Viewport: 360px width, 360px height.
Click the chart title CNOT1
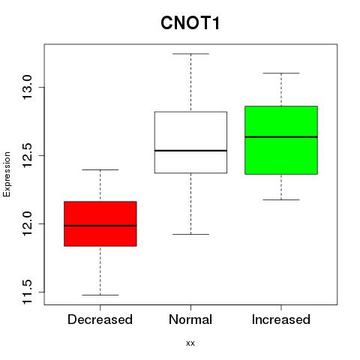(x=190, y=23)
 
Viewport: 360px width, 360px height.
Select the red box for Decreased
(x=100, y=223)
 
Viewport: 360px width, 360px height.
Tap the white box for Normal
(x=190, y=142)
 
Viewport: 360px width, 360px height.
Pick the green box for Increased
(x=281, y=140)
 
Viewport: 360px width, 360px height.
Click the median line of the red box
(x=100, y=226)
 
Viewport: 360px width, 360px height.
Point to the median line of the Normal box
(x=190, y=151)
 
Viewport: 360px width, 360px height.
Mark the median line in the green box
(x=281, y=137)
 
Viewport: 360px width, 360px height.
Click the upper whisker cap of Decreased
(x=100, y=169)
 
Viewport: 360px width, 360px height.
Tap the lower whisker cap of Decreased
(x=100, y=295)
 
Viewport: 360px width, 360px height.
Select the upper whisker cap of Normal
(x=190, y=54)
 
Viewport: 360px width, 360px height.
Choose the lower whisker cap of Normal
(x=190, y=234)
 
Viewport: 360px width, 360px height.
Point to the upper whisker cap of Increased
(x=281, y=73)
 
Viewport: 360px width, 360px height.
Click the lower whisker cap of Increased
(x=281, y=199)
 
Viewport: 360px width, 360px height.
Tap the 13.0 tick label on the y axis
(x=28, y=87)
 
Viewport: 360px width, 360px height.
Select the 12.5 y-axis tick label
(x=28, y=155)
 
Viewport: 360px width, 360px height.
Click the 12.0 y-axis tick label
(x=28, y=223)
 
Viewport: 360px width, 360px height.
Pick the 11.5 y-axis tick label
(x=28, y=292)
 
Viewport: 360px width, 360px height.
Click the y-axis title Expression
(x=7, y=174)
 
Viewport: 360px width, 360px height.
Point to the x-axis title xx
(x=190, y=343)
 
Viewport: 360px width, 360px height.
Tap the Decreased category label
(x=100, y=319)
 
